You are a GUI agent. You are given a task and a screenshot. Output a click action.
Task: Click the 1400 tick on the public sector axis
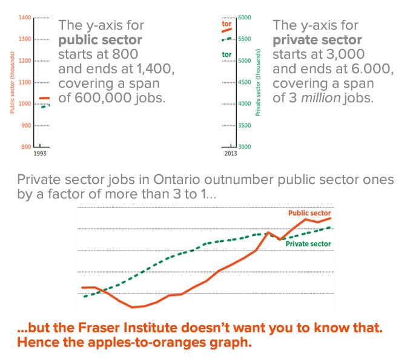(25, 18)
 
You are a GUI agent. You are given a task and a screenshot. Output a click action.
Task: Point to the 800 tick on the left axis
(26, 147)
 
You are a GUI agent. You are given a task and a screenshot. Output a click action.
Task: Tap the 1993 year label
(40, 154)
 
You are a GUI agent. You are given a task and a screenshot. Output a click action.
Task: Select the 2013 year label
(230, 154)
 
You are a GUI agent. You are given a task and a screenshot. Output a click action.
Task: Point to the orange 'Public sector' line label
(309, 213)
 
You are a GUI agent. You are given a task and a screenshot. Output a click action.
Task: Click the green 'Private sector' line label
(308, 244)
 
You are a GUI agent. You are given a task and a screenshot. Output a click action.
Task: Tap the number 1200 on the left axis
(25, 61)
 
